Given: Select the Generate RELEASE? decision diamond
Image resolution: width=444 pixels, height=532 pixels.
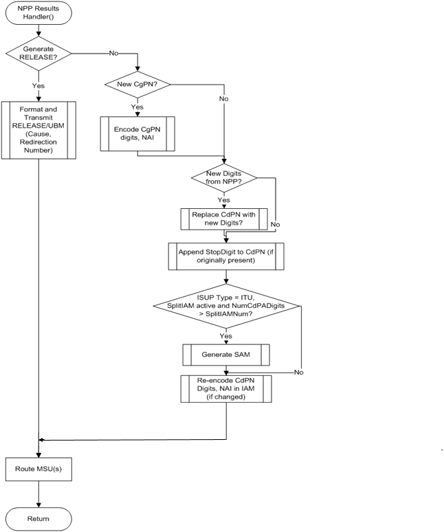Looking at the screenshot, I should (38, 52).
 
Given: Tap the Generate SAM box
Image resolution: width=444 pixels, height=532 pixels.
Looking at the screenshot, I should (226, 354).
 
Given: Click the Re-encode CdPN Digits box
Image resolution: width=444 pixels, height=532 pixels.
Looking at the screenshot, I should (226, 391).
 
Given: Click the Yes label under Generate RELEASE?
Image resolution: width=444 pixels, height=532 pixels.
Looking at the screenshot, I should (38, 87).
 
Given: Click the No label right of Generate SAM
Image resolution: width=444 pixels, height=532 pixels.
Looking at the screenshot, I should (298, 372).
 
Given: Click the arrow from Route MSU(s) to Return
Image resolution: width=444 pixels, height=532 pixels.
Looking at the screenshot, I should (38, 495).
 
